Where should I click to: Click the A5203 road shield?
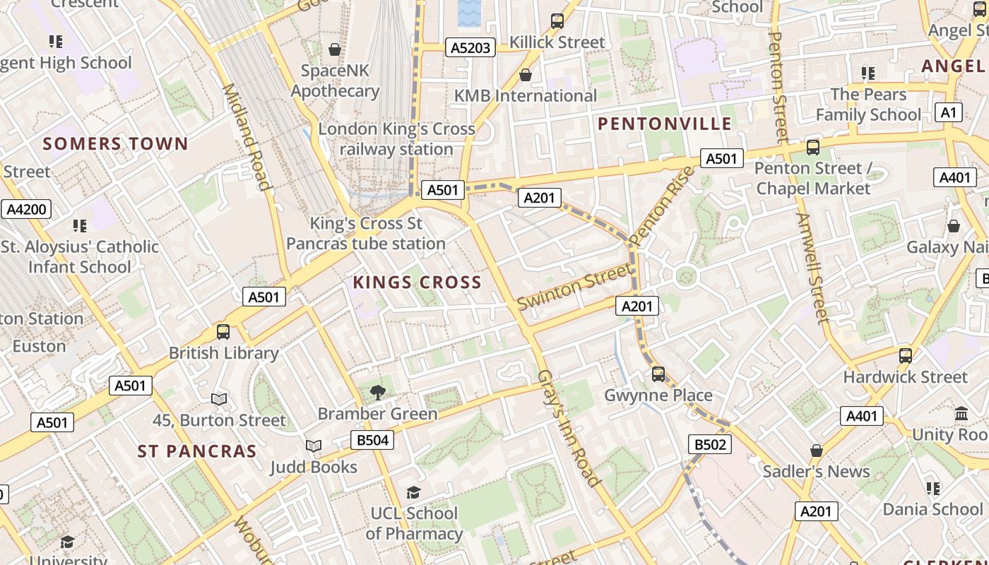[x=470, y=47]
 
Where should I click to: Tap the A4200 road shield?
[x=26, y=209]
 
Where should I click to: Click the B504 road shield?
[x=372, y=441]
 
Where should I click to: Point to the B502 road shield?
[x=709, y=444]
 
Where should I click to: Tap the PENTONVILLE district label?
[x=665, y=124]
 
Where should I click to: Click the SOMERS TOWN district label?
[x=116, y=144]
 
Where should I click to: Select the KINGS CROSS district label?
[x=417, y=282]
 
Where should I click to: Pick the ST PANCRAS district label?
[x=196, y=451]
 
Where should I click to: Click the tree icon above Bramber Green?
[x=378, y=393]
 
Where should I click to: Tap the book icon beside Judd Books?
[x=313, y=446]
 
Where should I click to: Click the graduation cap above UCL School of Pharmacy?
[x=413, y=492]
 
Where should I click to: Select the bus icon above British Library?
[x=223, y=331]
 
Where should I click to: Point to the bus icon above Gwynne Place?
[x=658, y=374]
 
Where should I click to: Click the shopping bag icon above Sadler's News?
[x=817, y=450]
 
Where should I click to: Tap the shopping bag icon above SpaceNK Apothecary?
[x=335, y=49]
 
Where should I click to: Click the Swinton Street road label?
[x=574, y=286]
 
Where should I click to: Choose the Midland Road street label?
[x=247, y=137]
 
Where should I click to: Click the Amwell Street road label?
[x=812, y=268]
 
